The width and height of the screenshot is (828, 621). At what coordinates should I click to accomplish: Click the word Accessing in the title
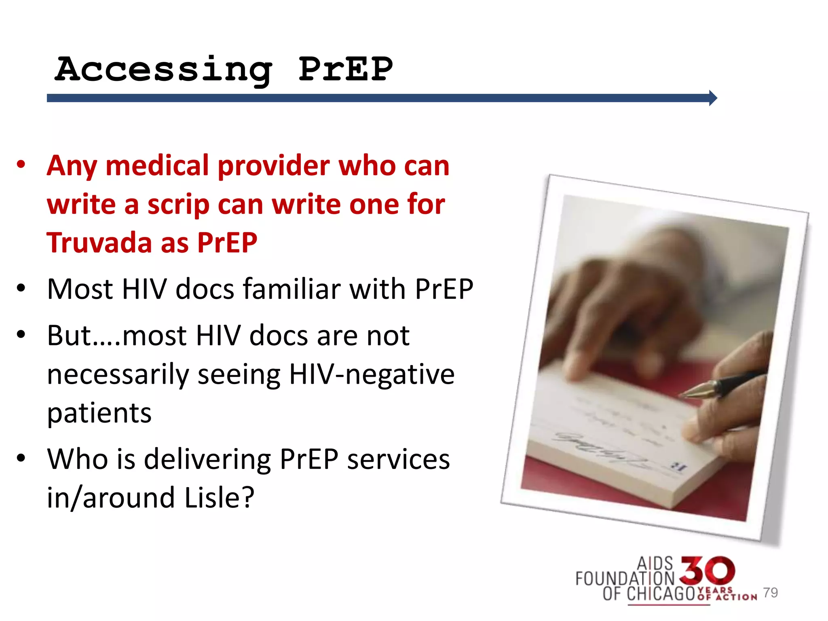[163, 70]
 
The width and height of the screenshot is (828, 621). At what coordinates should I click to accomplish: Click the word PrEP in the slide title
[346, 69]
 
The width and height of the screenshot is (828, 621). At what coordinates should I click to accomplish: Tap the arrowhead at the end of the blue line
[713, 98]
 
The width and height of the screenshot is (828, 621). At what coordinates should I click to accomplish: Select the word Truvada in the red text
[98, 243]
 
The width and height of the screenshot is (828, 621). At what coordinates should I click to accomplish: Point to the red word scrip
[178, 205]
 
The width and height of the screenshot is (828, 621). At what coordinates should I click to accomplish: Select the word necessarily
[118, 374]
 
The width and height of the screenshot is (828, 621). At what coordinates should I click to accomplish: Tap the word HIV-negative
[372, 374]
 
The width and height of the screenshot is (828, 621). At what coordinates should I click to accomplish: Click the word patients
[99, 413]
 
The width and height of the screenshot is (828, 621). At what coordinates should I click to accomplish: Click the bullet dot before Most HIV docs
[21, 288]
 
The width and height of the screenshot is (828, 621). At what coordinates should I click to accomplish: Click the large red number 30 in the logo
[707, 570]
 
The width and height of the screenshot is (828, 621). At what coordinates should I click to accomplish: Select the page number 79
[771, 593]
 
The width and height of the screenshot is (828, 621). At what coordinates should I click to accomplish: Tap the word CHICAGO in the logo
[660, 594]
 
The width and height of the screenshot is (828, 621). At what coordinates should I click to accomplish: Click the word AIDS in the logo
[655, 564]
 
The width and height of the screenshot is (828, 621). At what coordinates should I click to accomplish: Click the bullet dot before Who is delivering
[21, 458]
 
